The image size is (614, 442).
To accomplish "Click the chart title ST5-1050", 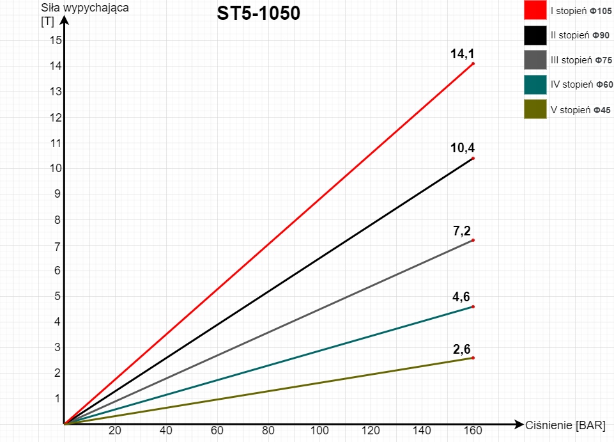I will coord(258,13).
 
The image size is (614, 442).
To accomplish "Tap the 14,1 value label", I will coord(462,54).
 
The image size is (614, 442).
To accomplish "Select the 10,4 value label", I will coord(462,148).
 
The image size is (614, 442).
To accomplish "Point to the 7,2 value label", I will coord(462,231).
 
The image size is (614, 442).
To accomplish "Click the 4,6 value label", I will coord(462,297).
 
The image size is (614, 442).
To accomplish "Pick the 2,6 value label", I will coord(462,349).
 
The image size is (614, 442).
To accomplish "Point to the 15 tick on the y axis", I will coord(55,40).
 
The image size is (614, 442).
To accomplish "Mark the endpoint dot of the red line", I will coord(473,63).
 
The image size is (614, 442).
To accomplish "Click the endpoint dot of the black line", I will coord(473,158).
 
